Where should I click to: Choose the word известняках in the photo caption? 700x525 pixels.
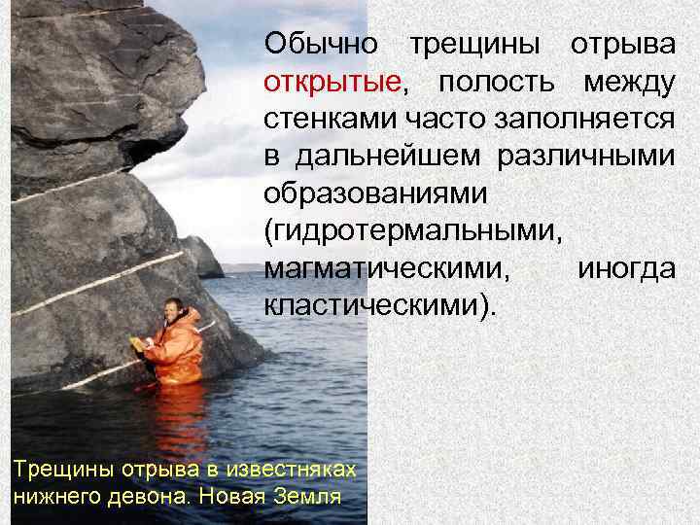[292, 469]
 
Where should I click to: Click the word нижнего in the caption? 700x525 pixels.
[54, 495]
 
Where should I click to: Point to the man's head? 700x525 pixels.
[173, 308]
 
